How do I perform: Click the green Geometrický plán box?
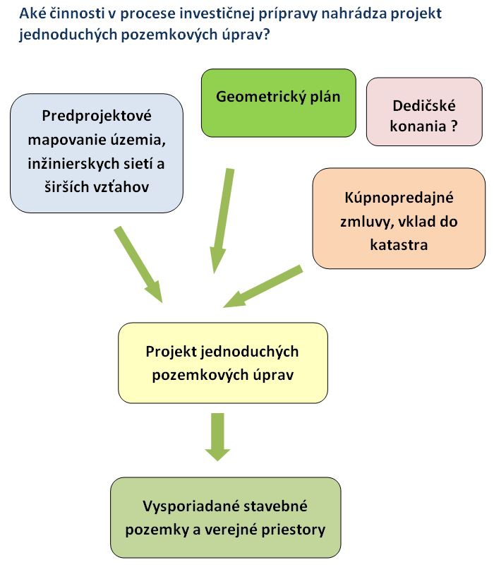click(279, 103)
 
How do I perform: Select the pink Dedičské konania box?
click(424, 112)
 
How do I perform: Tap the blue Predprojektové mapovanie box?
click(97, 153)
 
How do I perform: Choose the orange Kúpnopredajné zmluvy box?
click(399, 218)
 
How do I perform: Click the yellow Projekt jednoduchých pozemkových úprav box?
click(223, 363)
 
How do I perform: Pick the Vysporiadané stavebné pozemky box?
click(226, 518)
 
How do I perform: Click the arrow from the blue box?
click(138, 265)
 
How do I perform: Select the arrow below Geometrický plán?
click(222, 221)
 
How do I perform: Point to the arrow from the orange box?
click(263, 287)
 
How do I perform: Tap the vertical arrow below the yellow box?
click(217, 437)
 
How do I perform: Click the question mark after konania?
click(454, 126)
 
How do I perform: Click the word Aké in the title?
click(32, 13)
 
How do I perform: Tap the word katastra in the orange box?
click(399, 245)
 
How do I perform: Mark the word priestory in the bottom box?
click(294, 530)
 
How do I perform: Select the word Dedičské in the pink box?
click(424, 106)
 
